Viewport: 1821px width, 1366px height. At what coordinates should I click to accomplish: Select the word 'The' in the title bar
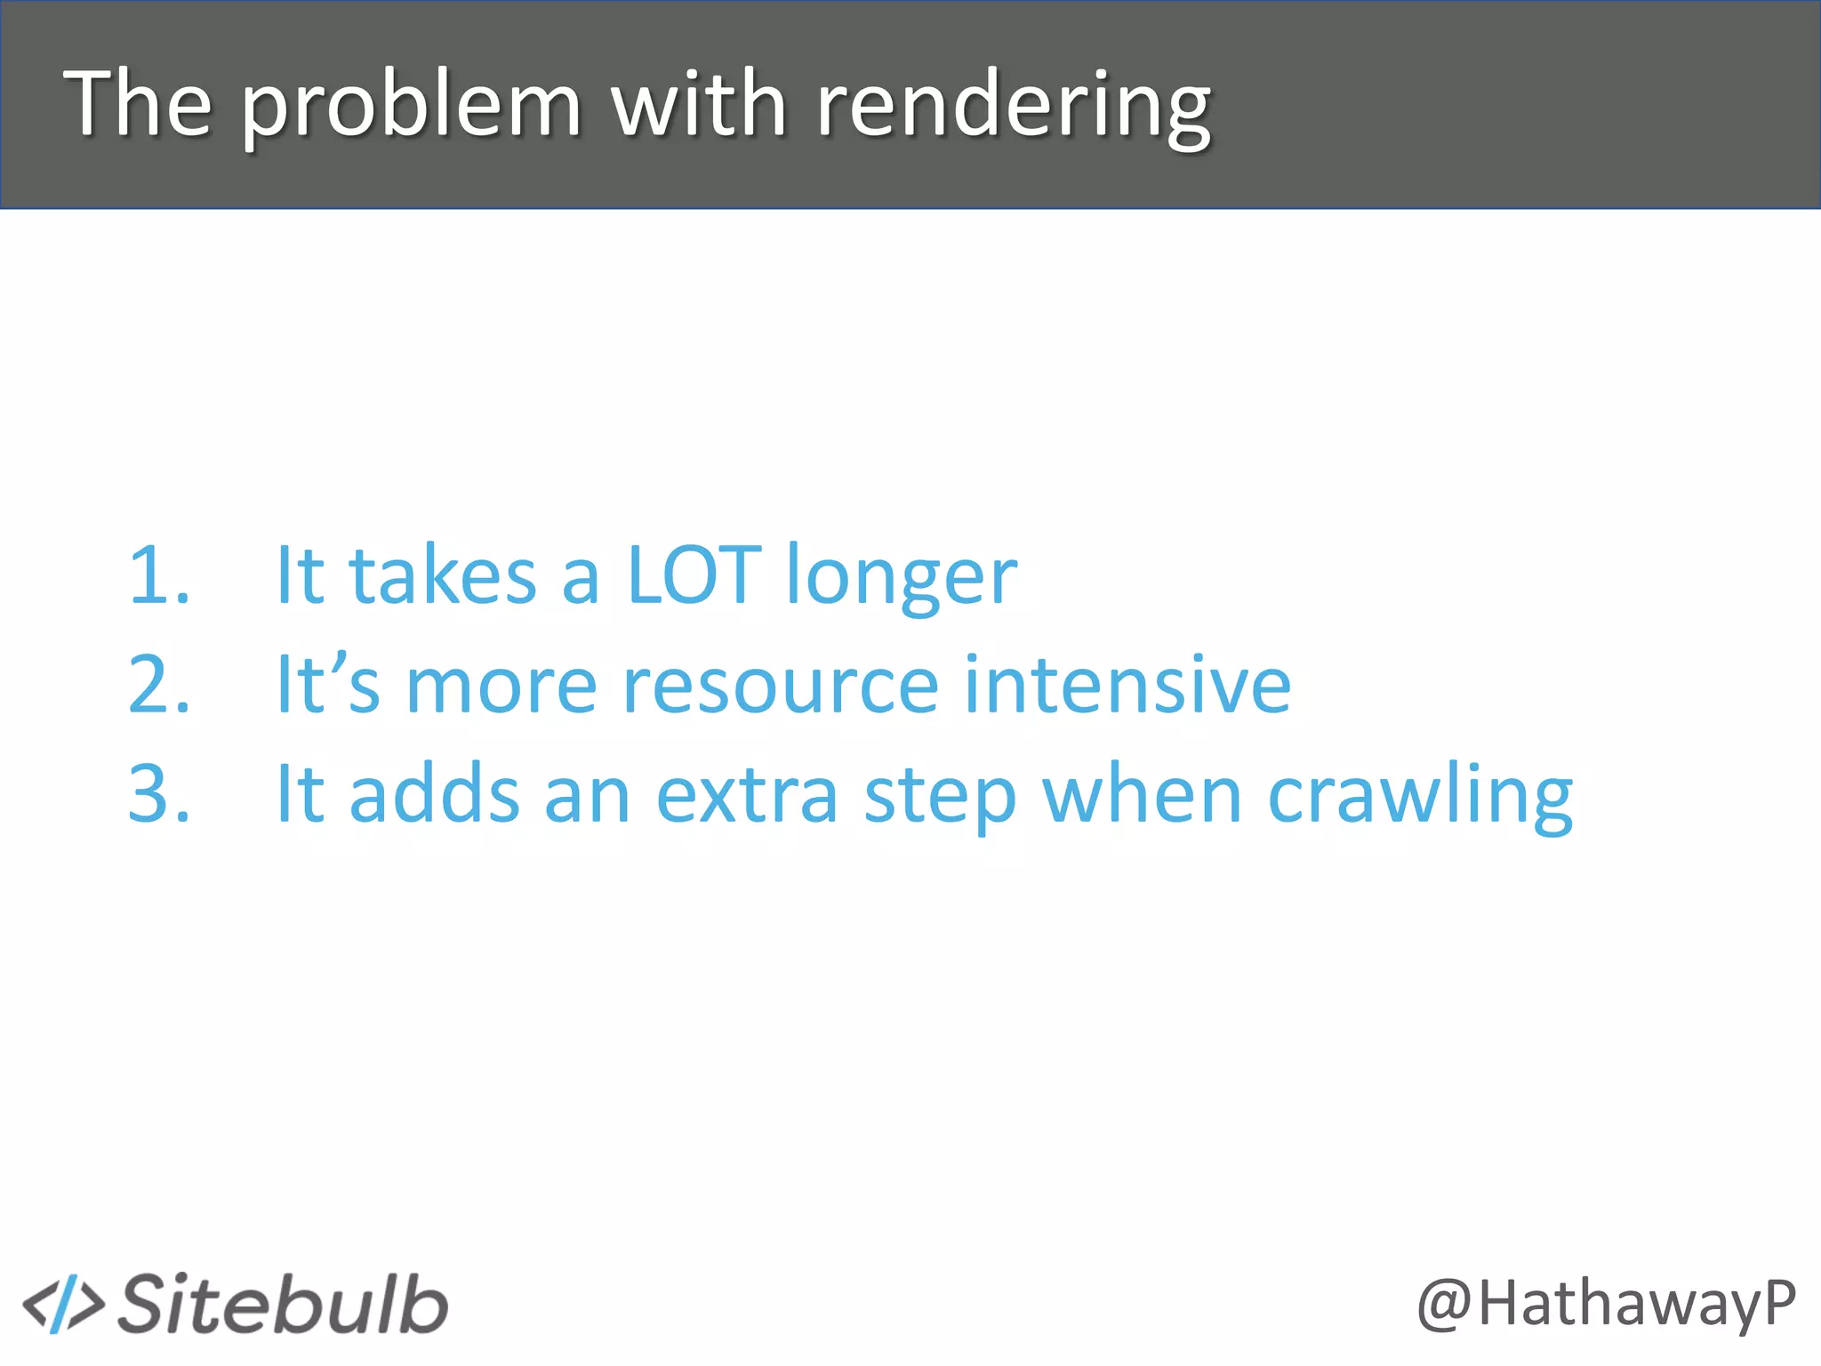(138, 104)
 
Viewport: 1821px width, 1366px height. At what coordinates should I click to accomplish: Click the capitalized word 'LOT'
(694, 575)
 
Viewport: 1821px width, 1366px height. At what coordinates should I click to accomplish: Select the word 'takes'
(443, 575)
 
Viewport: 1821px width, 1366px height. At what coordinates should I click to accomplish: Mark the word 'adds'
(434, 793)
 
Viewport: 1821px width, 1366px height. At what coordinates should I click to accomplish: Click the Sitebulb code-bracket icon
(63, 1305)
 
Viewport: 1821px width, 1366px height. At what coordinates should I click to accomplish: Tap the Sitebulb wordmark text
(284, 1305)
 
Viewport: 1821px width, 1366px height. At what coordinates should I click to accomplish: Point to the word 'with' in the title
(699, 104)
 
